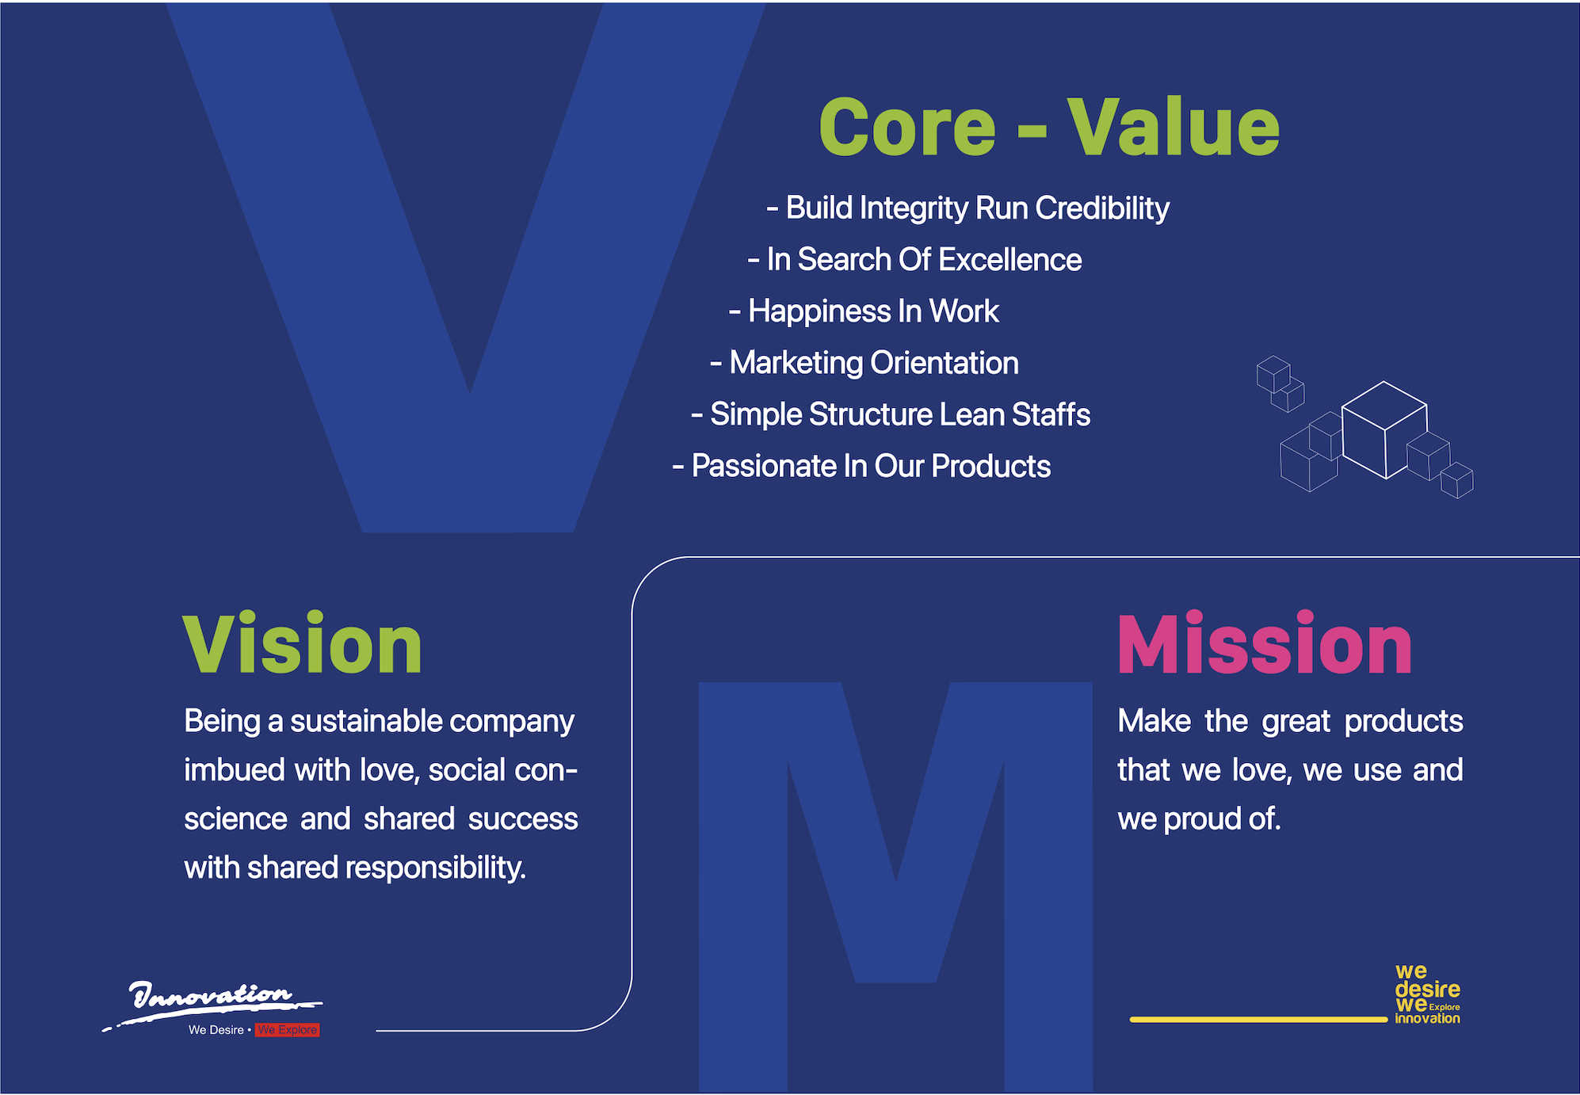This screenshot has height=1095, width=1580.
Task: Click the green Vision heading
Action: click(302, 643)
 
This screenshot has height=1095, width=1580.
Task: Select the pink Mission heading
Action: click(1265, 643)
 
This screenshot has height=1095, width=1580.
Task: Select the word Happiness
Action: click(820, 311)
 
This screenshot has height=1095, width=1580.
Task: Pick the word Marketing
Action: click(796, 364)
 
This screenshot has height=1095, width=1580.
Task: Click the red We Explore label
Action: click(288, 1030)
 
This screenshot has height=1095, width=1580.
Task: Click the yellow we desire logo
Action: click(1427, 994)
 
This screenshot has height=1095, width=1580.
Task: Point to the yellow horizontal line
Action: click(1258, 1020)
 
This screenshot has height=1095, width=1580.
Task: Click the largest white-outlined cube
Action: click(1384, 430)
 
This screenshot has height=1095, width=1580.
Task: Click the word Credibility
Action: click(1102, 208)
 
